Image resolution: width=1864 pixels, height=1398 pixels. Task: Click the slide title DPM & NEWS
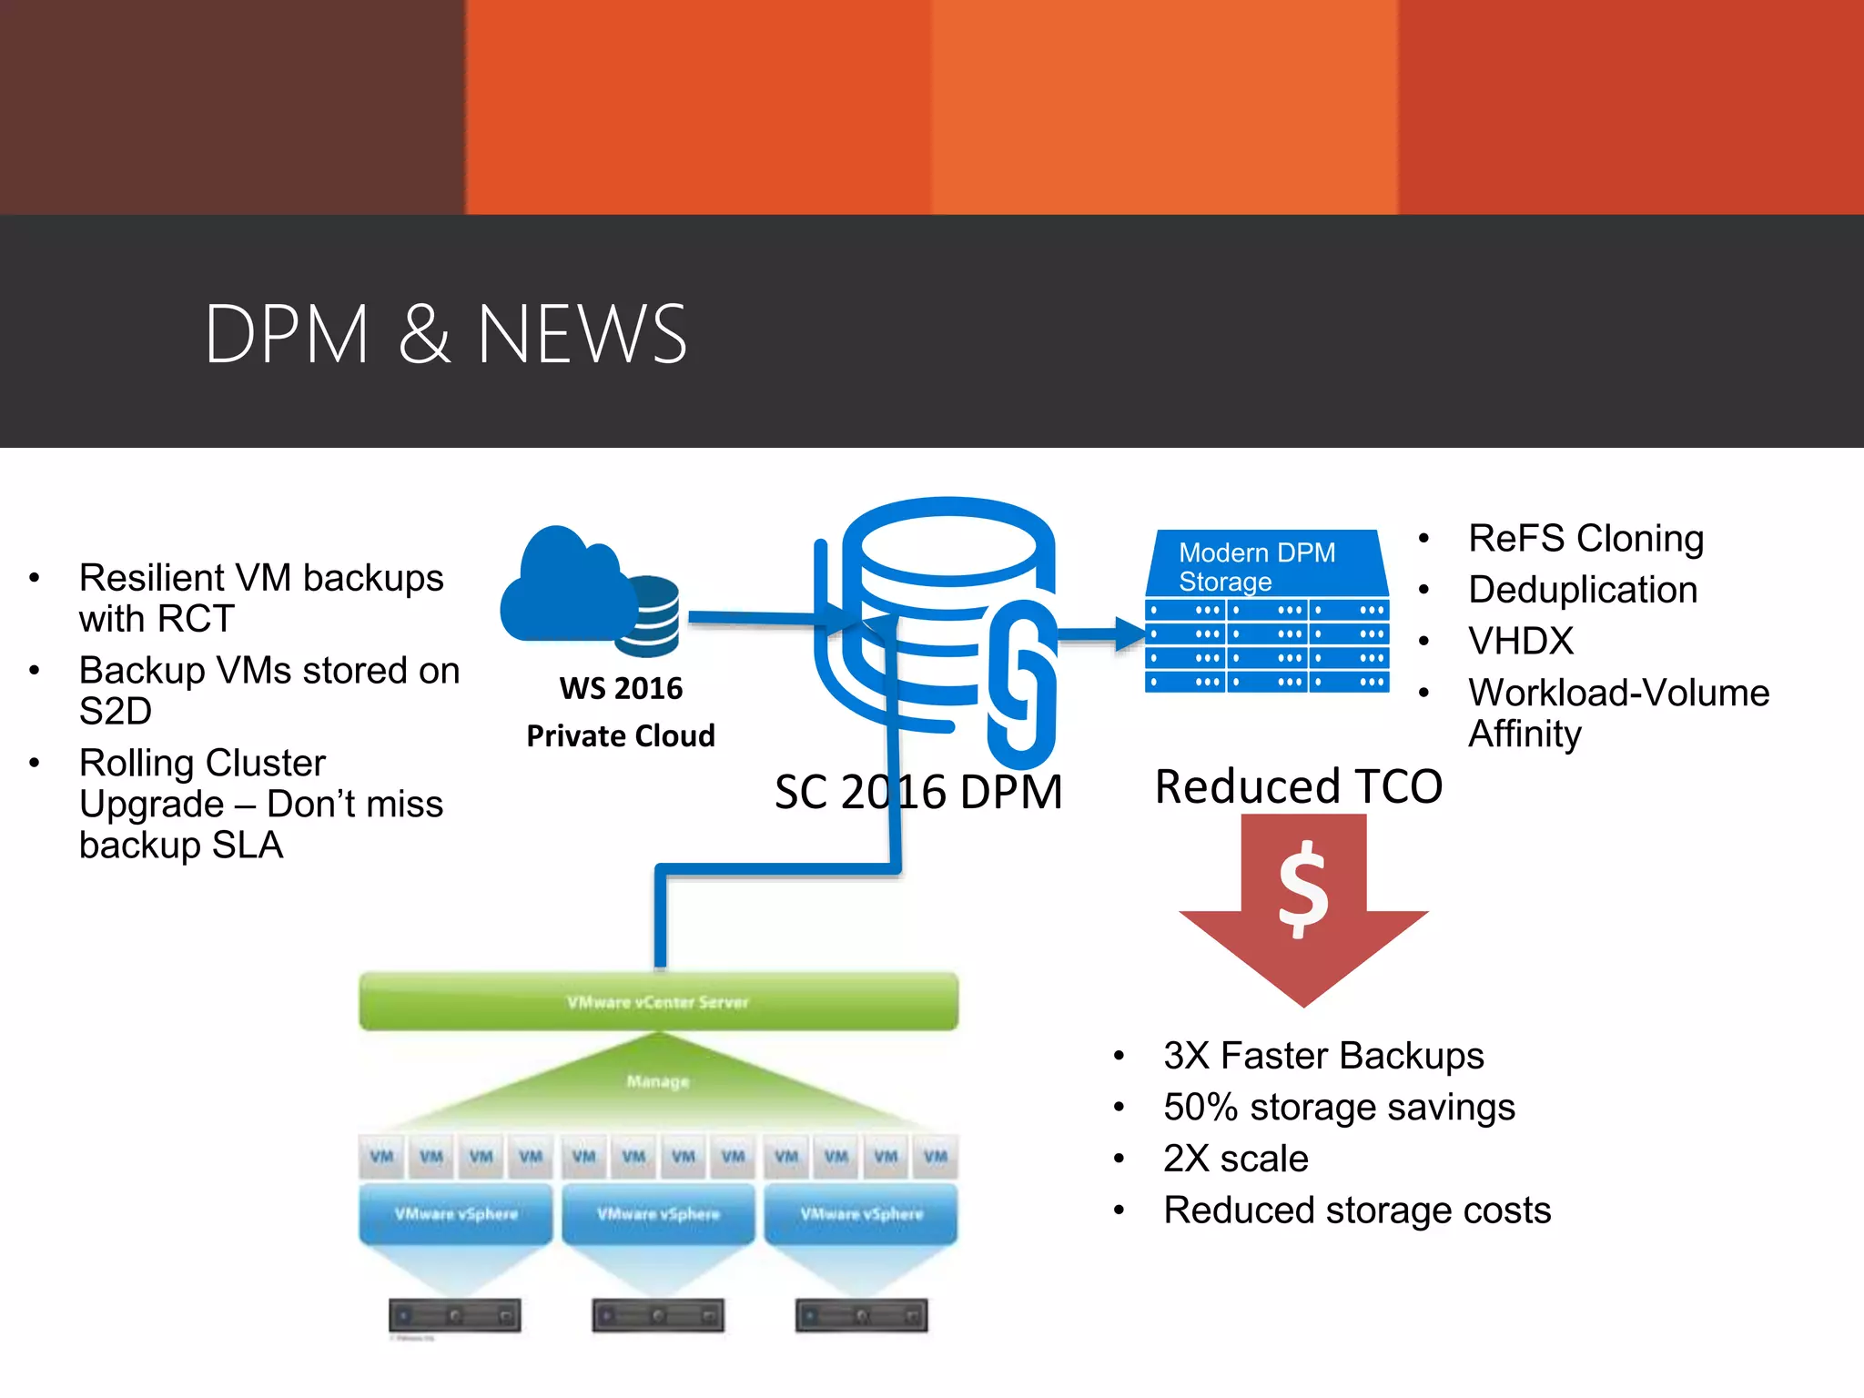[445, 335]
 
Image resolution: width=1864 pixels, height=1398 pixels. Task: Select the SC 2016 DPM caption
[917, 791]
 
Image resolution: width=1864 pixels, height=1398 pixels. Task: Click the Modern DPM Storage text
[1256, 566]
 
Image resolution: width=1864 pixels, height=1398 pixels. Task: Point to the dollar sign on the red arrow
[1303, 888]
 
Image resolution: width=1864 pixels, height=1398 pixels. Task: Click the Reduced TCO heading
[1298, 786]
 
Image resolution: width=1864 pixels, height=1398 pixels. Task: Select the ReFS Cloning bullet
[1585, 538]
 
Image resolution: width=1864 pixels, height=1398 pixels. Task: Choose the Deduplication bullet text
[1582, 590]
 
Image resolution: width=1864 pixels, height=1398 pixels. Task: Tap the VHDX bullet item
[1520, 641]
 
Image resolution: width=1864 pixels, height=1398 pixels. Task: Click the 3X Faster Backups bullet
[1322, 1056]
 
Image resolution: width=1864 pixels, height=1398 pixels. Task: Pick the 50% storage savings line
[1338, 1108]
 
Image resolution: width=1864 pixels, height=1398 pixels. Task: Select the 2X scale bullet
[1235, 1159]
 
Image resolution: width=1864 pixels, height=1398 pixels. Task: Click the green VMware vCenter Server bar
[658, 1001]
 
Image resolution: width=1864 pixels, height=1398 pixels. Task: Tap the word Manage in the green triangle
[658, 1081]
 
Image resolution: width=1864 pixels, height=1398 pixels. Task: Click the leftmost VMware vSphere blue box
[456, 1213]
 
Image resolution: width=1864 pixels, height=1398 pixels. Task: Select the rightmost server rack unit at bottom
[861, 1316]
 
